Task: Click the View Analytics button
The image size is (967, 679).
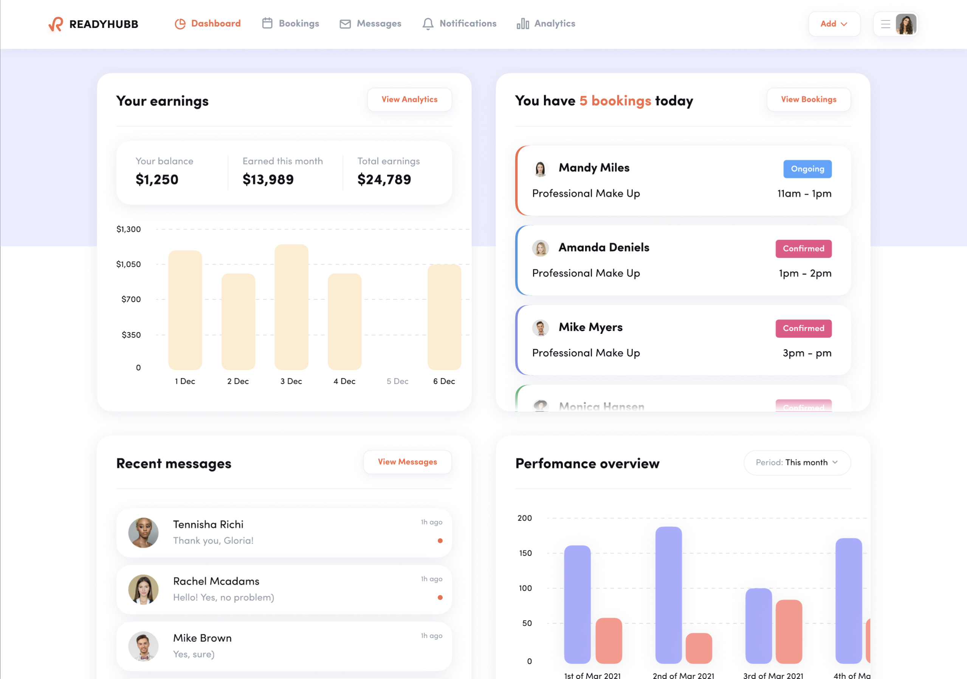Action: [x=409, y=99]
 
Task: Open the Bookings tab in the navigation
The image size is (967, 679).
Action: [x=290, y=23]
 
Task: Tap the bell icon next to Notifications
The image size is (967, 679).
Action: [x=428, y=23]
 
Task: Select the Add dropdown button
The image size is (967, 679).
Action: [x=834, y=24]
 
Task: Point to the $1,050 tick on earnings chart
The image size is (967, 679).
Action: [x=129, y=264]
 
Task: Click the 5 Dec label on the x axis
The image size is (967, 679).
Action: [x=397, y=381]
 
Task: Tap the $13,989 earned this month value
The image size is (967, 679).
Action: [x=268, y=180]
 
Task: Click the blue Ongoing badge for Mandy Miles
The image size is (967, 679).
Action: [x=807, y=169]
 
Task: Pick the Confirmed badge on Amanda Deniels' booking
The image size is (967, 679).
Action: [x=803, y=248]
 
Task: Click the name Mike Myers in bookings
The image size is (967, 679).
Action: [x=590, y=327]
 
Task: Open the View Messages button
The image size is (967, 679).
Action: [x=407, y=462]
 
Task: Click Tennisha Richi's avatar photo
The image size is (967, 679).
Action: [x=143, y=532]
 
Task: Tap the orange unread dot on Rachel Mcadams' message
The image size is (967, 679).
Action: [x=440, y=597]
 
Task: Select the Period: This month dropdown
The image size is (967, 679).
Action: [x=797, y=462]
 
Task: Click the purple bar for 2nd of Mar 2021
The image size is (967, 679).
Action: [x=668, y=595]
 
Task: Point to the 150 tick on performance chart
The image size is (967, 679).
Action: [x=525, y=553]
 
